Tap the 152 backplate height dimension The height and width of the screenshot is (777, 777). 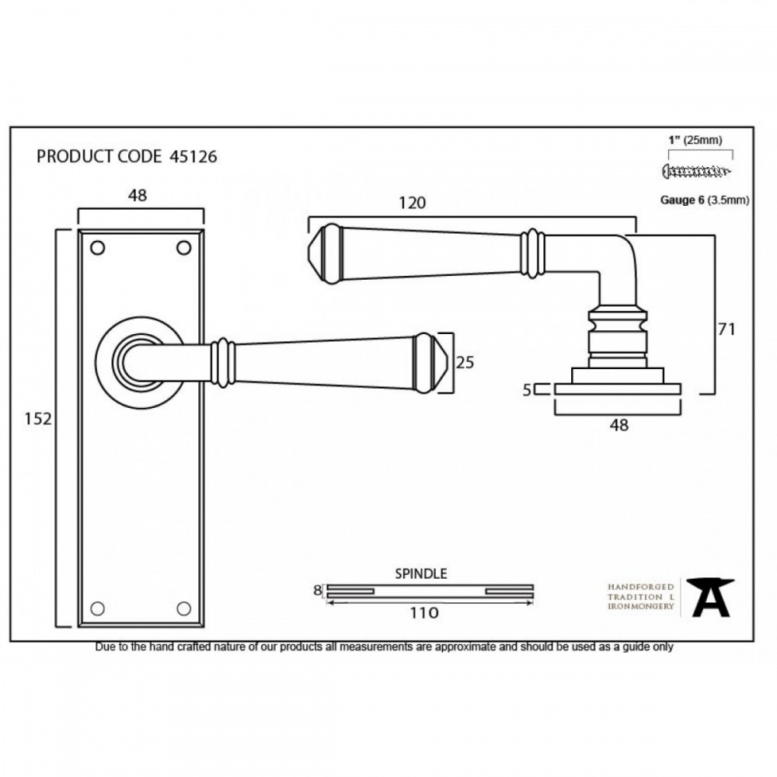37,419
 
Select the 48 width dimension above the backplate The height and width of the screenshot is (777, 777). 137,196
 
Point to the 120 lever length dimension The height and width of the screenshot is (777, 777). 412,203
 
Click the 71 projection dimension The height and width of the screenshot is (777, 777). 726,329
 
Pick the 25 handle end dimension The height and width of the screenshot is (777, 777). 465,362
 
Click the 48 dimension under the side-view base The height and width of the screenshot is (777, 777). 618,425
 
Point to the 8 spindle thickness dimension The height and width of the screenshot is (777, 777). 317,591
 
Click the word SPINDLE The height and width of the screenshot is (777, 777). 420,574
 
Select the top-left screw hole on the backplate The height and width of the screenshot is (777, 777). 97,248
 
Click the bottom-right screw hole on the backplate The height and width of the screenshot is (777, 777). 184,608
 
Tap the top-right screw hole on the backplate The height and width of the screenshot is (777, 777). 184,248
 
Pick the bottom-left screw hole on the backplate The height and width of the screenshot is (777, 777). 97,608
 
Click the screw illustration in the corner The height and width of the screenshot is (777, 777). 695,170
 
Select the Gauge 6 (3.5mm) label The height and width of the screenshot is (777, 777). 704,200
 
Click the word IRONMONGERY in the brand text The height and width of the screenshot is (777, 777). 640,606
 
